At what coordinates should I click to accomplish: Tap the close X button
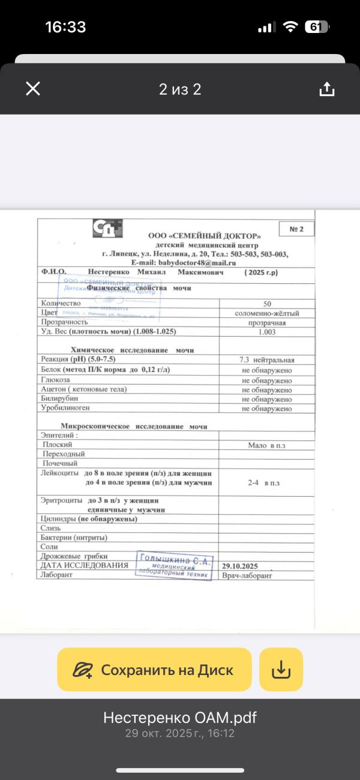[x=33, y=89]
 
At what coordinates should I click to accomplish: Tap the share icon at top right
[x=326, y=89]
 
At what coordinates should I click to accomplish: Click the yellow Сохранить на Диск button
[x=154, y=670]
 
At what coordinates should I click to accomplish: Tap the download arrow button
[x=281, y=670]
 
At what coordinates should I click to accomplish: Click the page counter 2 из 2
[x=180, y=89]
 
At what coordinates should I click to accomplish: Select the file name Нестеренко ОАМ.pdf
[x=180, y=718]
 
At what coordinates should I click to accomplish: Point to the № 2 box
[x=297, y=229]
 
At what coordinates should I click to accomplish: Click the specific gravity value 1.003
[x=267, y=332]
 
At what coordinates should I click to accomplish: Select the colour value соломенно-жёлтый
[x=267, y=313]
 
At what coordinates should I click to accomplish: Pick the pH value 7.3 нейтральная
[x=267, y=360]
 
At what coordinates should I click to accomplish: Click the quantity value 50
[x=267, y=304]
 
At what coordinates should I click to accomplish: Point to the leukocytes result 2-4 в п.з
[x=263, y=482]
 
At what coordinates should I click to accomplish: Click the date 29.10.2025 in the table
[x=240, y=566]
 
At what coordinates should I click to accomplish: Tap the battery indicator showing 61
[x=316, y=27]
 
